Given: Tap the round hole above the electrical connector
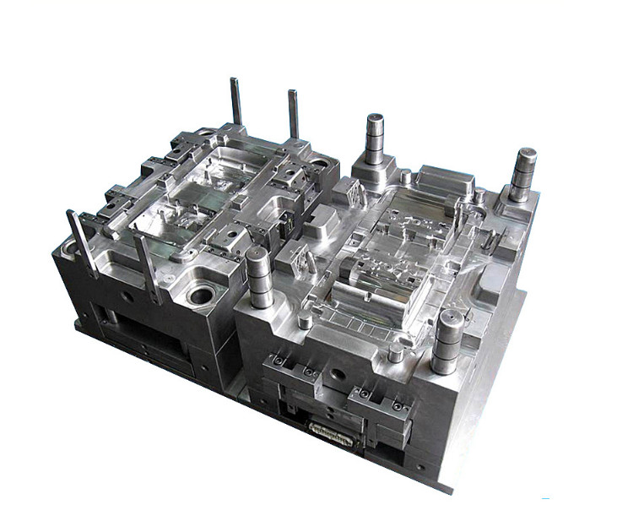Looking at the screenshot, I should (x=338, y=372).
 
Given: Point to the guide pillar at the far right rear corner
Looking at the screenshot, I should (x=522, y=174).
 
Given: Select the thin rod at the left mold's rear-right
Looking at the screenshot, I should (x=293, y=113).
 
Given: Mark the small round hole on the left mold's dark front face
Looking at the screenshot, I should (x=127, y=296).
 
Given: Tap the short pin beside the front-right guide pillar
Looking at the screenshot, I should (x=394, y=353).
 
